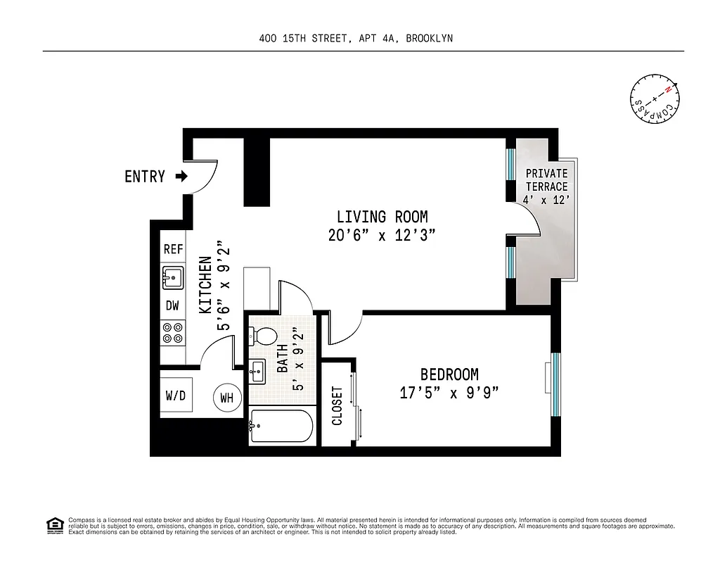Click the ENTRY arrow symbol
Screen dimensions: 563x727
tap(181, 177)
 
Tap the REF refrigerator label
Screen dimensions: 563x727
tap(173, 249)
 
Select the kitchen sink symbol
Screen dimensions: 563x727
tap(173, 277)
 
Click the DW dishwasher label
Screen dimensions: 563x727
tap(173, 305)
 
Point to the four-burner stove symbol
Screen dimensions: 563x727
tap(173, 333)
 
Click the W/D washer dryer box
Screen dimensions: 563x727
tap(176, 395)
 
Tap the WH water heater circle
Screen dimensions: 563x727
tap(226, 398)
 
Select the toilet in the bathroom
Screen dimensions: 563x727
tap(262, 335)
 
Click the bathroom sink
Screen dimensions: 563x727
tap(257, 370)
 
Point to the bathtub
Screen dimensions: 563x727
tap(280, 426)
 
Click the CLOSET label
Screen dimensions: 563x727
tap(337, 405)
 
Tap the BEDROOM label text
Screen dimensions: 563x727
tap(449, 374)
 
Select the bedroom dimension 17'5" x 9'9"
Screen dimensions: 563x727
tap(449, 393)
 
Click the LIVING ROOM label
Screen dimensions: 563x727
tap(382, 217)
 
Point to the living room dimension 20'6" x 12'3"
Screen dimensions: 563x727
tap(382, 236)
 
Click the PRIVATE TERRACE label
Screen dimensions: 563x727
tap(546, 180)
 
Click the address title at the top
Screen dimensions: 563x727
tap(356, 39)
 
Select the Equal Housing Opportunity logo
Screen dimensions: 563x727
tap(54, 525)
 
